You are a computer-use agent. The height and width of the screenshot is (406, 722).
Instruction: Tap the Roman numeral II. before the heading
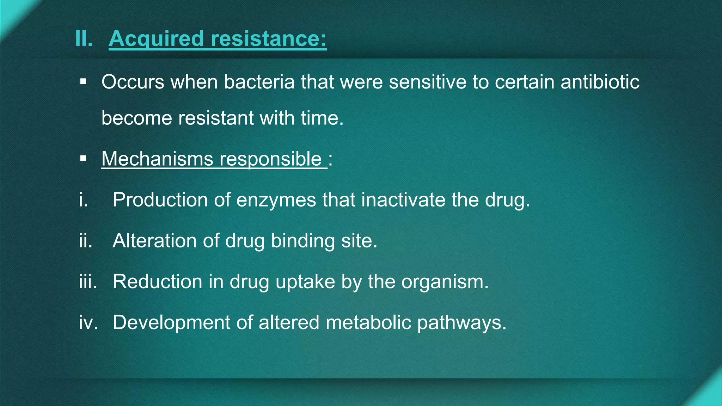tap(84, 38)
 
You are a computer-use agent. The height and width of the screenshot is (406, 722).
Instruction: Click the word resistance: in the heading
tap(269, 38)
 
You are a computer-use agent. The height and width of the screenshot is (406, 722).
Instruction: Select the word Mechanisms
tap(157, 159)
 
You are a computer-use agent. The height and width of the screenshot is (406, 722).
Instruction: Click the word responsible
tap(270, 159)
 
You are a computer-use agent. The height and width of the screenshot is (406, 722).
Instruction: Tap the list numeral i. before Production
tap(84, 200)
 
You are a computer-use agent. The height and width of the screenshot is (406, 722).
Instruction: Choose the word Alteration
tap(154, 241)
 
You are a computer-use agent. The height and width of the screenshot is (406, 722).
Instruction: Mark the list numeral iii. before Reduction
tap(88, 282)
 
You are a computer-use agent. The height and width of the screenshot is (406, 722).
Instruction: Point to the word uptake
tap(305, 282)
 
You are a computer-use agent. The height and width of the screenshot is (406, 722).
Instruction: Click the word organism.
tap(445, 282)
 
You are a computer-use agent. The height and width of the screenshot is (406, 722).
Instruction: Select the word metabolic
tap(368, 323)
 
